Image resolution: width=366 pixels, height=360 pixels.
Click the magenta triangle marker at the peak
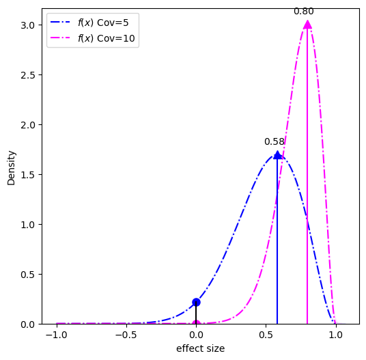pos(307,25)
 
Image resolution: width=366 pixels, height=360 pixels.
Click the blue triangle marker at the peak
pos(277,155)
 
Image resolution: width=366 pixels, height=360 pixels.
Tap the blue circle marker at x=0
pos(196,302)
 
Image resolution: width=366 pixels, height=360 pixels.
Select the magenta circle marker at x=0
pos(196,324)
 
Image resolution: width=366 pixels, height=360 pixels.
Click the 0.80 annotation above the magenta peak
pos(304,12)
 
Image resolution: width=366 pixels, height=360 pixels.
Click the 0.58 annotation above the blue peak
pos(274,142)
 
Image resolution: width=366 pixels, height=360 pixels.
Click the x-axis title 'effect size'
pos(200,348)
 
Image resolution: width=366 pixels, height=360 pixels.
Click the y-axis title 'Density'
pos(11,168)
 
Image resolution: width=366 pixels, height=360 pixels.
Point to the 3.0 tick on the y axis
pos(31,25)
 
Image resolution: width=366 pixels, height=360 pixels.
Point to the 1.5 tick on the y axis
pos(31,175)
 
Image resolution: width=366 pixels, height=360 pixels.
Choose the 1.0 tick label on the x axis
pos(335,335)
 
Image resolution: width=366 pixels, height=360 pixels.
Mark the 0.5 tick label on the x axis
pos(266,335)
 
